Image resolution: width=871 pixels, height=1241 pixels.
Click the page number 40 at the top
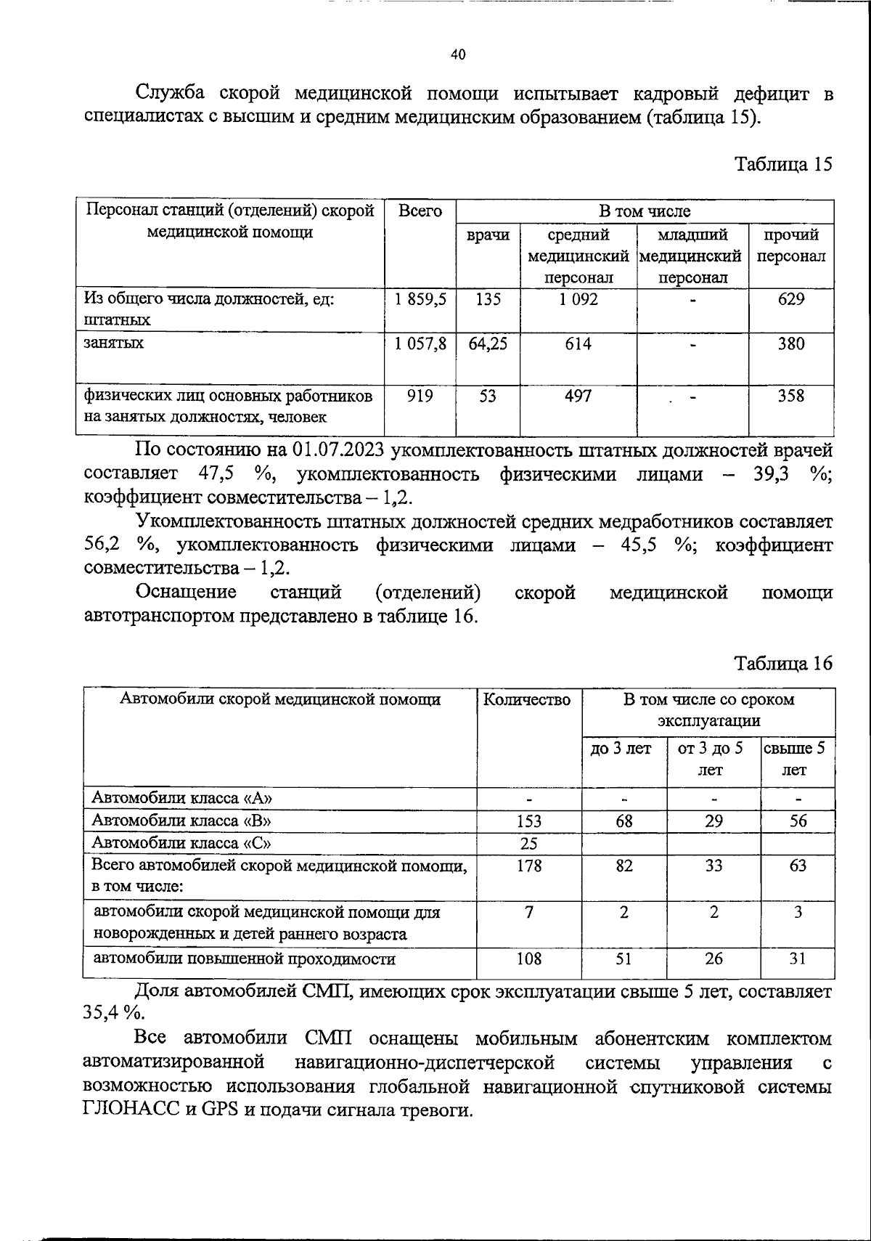pos(458,54)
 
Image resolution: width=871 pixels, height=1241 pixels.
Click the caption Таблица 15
pos(783,164)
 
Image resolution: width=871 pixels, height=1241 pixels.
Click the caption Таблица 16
pos(783,663)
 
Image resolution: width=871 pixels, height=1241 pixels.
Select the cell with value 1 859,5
pos(420,299)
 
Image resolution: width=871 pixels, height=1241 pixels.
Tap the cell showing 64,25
pos(488,343)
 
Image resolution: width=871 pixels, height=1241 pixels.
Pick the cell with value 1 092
pos(578,299)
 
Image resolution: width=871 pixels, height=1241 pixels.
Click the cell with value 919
pos(420,396)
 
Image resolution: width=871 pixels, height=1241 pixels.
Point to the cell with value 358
pos(790,396)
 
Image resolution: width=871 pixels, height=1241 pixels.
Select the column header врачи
pos(488,235)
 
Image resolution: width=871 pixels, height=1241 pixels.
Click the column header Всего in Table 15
pos(420,211)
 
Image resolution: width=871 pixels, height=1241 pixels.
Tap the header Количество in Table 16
pos(528,700)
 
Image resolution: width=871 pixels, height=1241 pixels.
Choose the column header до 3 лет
pos(623,748)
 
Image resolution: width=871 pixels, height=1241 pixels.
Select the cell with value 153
pos(528,821)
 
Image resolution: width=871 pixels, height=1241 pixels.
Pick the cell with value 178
pos(528,866)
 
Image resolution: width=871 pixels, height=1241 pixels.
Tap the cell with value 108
pos(528,959)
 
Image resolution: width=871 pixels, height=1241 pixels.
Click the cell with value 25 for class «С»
pos(528,844)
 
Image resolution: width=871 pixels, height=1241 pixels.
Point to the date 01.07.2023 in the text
pos(338,451)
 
